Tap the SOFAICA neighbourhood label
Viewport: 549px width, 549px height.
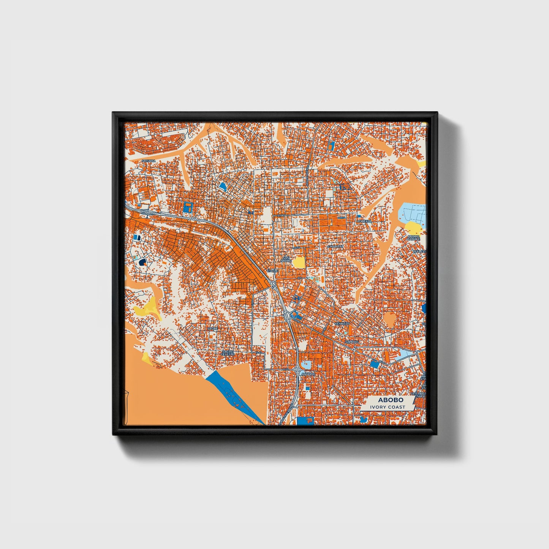click(x=149, y=161)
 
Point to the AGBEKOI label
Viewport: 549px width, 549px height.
click(x=364, y=220)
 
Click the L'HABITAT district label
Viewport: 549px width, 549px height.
click(x=335, y=246)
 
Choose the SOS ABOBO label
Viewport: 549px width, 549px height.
click(x=285, y=260)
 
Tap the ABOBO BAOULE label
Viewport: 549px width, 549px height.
click(x=413, y=238)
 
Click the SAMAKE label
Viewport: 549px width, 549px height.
click(x=351, y=342)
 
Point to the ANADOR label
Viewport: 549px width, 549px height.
click(x=308, y=374)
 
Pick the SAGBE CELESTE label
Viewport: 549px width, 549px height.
click(x=228, y=353)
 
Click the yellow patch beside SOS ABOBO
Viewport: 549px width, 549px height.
click(x=299, y=262)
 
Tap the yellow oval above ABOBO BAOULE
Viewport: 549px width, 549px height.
click(x=413, y=227)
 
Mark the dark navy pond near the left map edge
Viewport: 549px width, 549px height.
click(x=142, y=262)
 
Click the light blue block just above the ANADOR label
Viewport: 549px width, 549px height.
click(x=307, y=365)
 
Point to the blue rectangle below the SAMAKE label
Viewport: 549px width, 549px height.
click(x=375, y=364)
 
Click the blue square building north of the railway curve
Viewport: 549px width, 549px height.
click(x=188, y=207)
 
